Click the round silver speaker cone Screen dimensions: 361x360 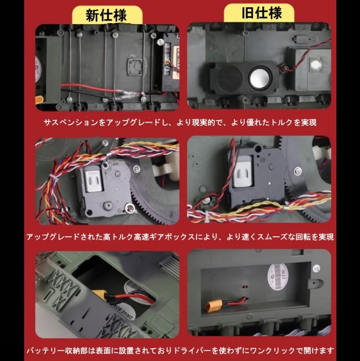coord(258,78)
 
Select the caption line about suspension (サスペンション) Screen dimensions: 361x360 coord(179,123)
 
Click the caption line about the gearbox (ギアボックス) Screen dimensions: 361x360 coord(179,237)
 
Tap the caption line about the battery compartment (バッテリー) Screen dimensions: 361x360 coord(179,350)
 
